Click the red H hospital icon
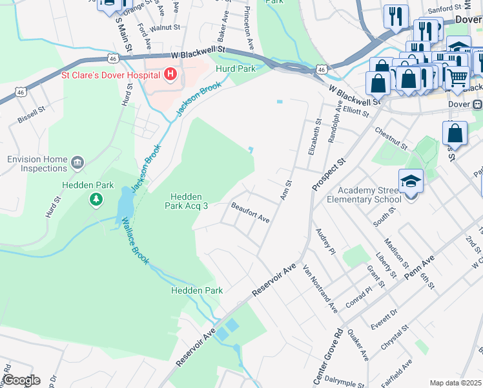pos(170,75)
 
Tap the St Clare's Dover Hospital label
pos(111,75)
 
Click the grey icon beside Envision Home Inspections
pos(77,162)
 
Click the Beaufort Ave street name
pos(250,213)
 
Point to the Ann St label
pos(285,191)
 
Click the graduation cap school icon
pos(411,180)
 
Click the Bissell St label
pos(31,114)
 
